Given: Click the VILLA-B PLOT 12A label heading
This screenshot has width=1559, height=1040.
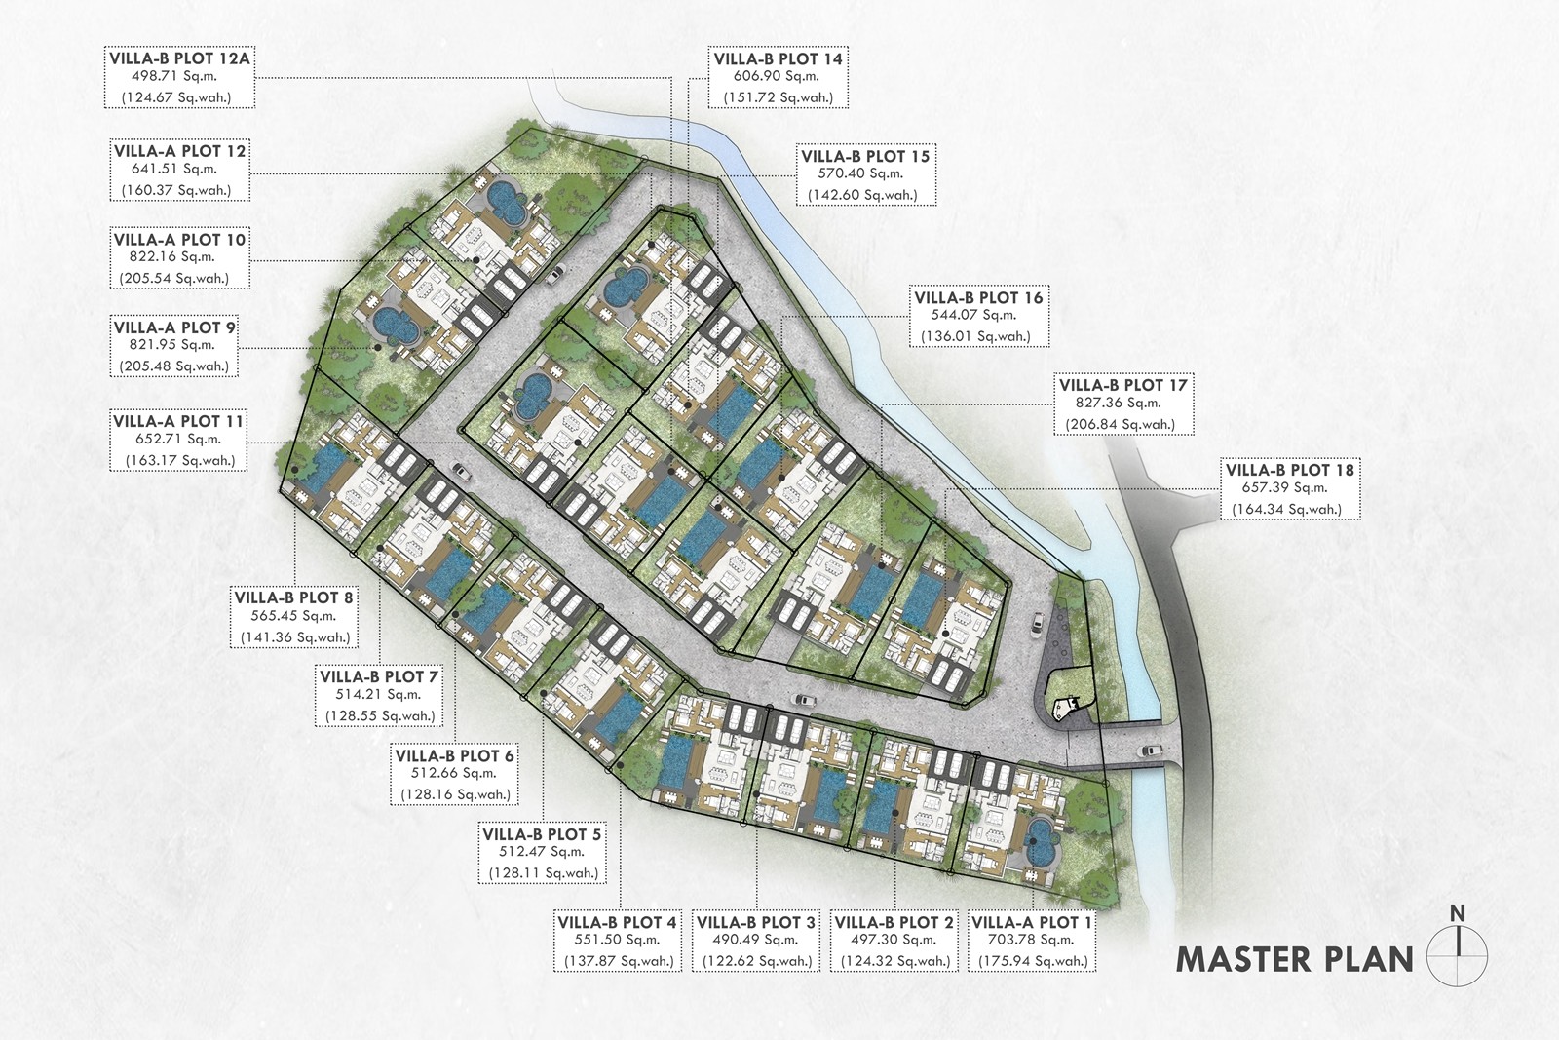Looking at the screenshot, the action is click(179, 58).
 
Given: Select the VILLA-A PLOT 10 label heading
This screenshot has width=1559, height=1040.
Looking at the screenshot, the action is click(179, 240).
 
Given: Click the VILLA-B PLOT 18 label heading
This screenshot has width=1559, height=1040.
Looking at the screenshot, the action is click(1290, 471).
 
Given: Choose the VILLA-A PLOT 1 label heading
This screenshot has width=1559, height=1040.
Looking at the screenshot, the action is click(1032, 923).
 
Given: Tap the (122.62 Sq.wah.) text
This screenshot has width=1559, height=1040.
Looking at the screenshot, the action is click(757, 961).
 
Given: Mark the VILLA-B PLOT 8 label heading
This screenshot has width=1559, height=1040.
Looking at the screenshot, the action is click(293, 597).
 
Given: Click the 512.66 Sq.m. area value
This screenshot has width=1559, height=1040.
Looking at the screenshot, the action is click(454, 773).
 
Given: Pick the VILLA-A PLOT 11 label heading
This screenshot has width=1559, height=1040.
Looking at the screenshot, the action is click(178, 422).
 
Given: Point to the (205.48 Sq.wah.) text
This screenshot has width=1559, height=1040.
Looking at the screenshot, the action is click(174, 366).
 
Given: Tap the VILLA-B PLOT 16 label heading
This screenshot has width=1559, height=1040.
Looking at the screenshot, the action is click(978, 298).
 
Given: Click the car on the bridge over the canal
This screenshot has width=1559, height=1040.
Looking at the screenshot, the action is click(1151, 751).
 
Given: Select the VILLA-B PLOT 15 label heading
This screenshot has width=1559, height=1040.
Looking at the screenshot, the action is click(865, 157).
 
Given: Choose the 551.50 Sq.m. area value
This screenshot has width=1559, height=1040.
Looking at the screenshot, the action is click(617, 940).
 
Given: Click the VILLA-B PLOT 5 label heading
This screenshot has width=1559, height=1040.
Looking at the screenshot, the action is click(542, 834).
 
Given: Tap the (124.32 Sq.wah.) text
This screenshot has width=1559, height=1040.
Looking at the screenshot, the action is click(895, 961).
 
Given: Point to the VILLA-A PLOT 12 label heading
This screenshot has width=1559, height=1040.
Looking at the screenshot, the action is click(179, 152).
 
